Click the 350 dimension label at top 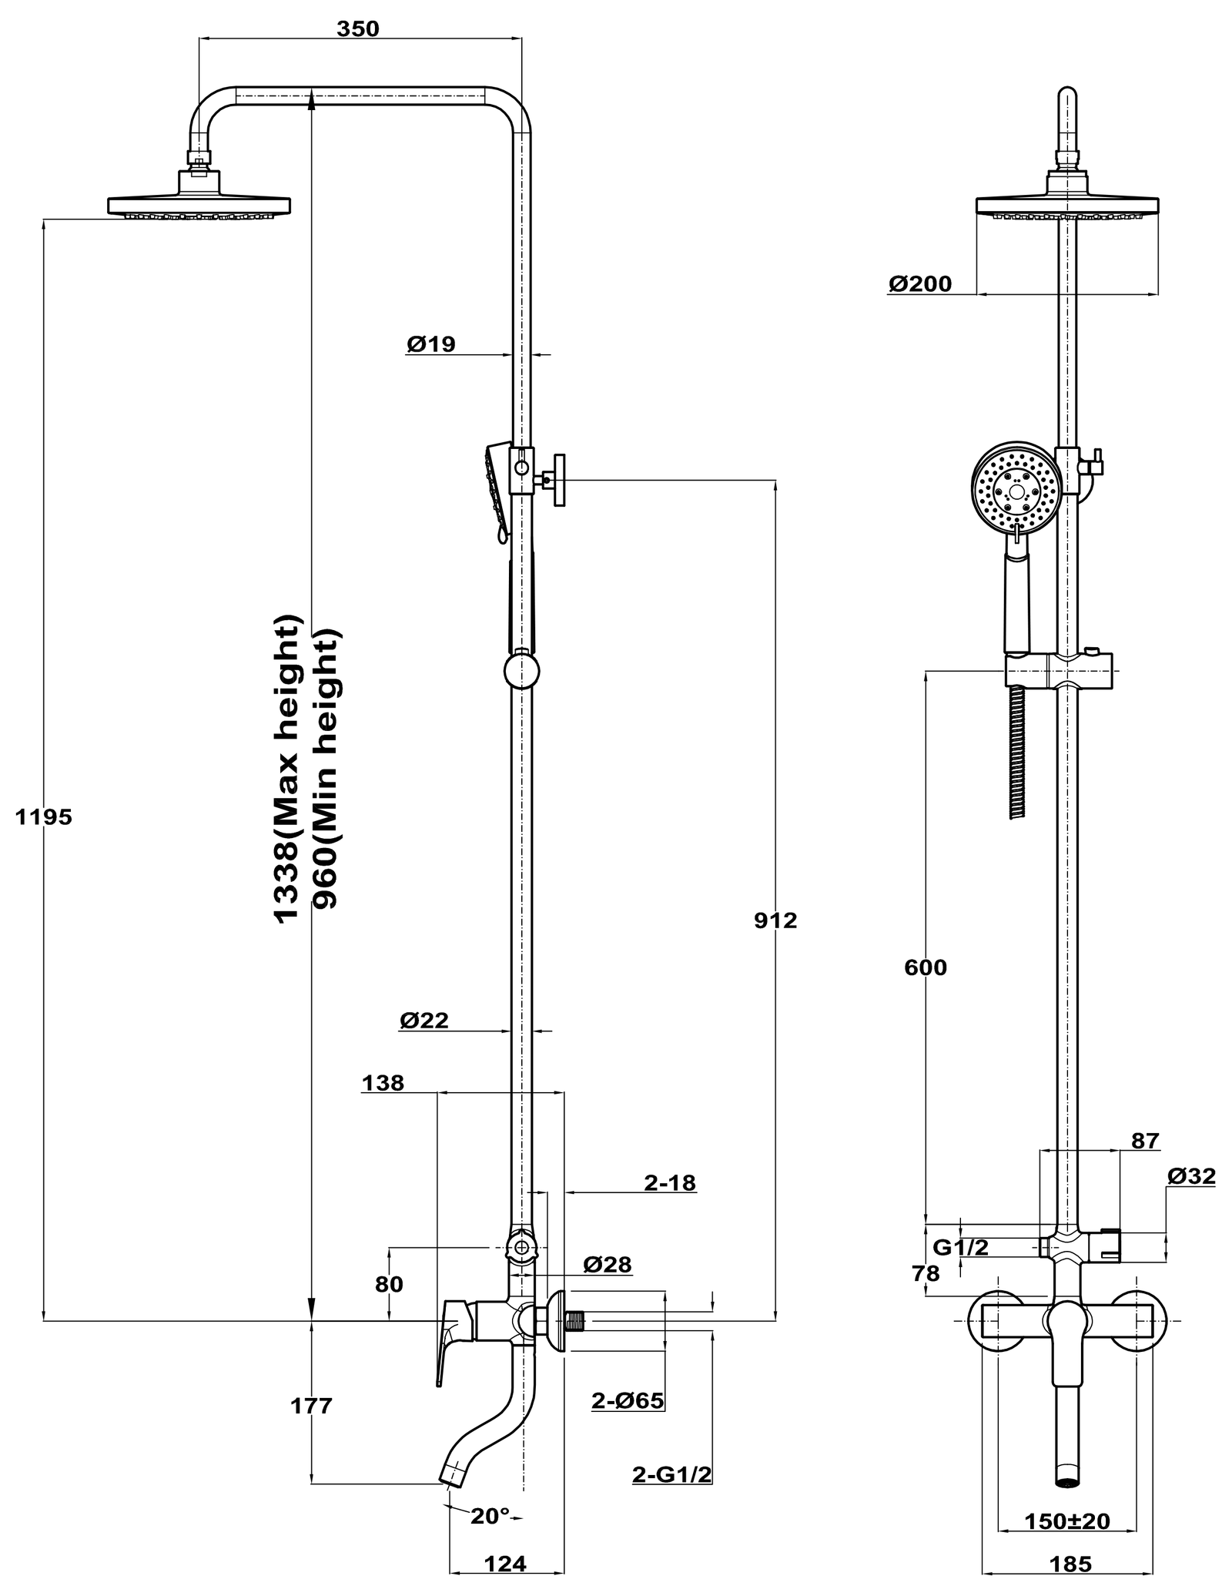click(358, 28)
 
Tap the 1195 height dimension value click(44, 816)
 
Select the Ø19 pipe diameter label click(431, 344)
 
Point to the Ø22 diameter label click(423, 1021)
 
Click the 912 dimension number click(775, 920)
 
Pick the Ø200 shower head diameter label click(920, 284)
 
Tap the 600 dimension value click(926, 967)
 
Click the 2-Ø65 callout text click(628, 1400)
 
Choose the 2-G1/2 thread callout click(671, 1474)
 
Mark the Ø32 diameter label click(1191, 1176)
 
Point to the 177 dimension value click(311, 1406)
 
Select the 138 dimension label click(383, 1083)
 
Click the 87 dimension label click(1145, 1141)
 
